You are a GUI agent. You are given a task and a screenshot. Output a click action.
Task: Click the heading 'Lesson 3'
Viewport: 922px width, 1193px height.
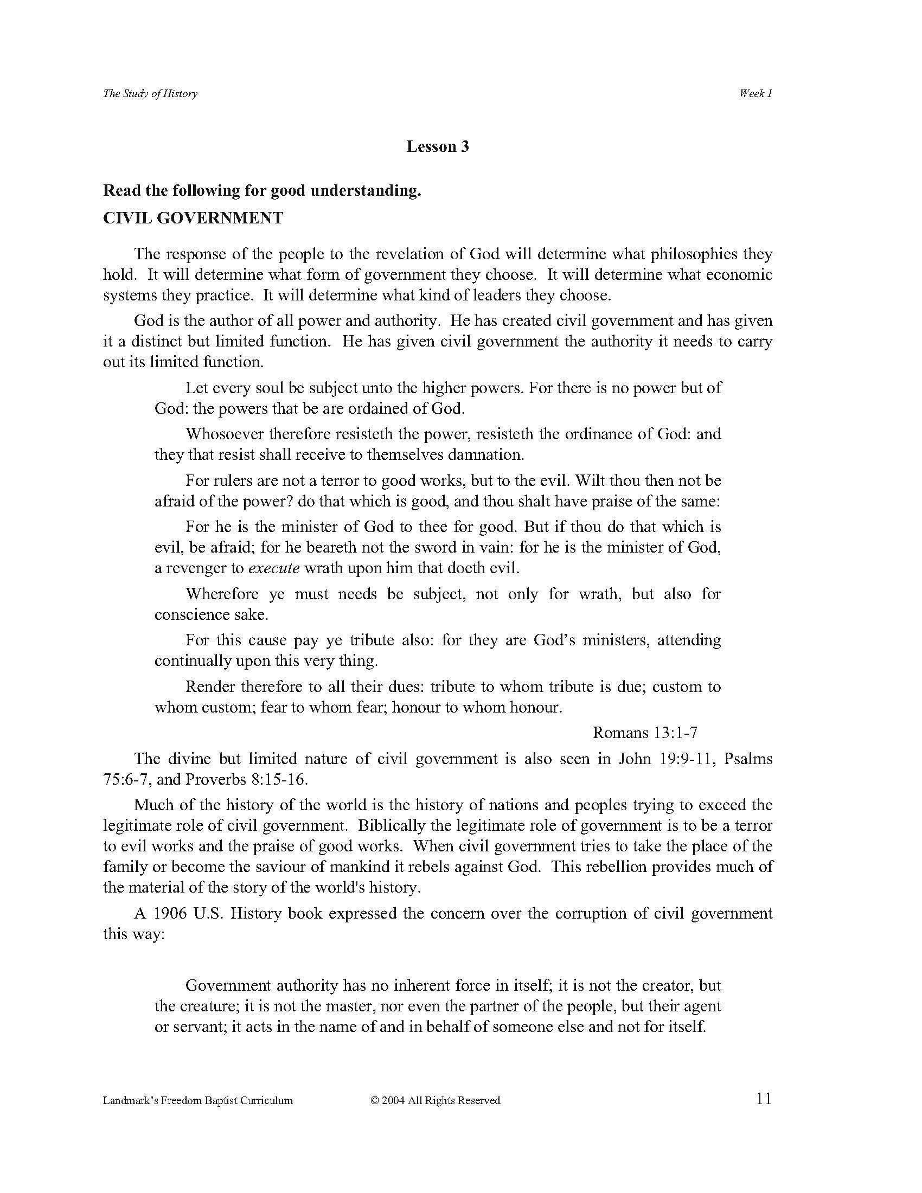438,146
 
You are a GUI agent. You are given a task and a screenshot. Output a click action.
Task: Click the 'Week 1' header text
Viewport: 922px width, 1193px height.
755,93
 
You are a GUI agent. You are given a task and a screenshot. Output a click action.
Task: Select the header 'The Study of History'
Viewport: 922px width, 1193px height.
150,93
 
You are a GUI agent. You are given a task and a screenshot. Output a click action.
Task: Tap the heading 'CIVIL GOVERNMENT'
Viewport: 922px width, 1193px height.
194,218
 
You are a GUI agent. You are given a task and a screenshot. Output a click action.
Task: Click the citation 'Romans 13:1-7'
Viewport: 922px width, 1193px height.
645,733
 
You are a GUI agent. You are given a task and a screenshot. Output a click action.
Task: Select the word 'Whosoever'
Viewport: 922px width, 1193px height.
225,434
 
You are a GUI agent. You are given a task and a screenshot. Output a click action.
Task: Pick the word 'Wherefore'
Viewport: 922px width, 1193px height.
220,594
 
